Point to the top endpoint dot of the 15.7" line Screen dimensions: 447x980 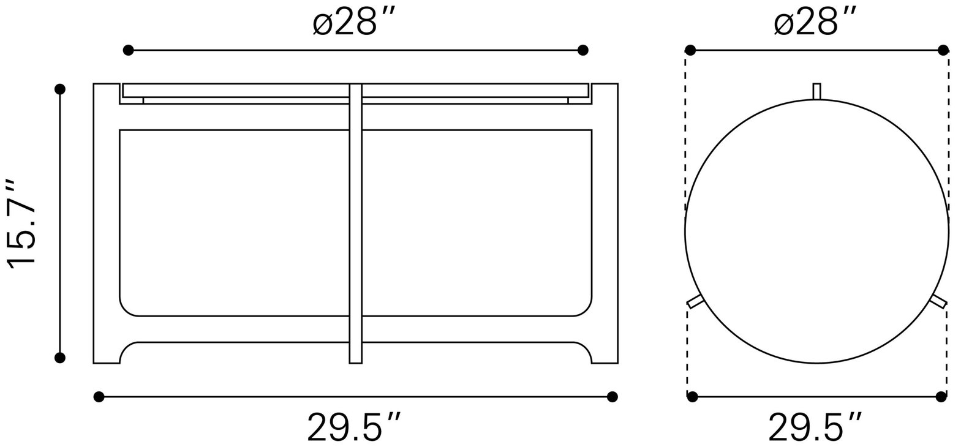coord(60,89)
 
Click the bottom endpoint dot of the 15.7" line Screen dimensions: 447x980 coord(60,358)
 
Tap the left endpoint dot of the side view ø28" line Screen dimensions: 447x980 coord(129,50)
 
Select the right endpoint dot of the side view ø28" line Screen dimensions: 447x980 coord(582,50)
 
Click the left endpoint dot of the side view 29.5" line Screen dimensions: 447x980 coord(99,397)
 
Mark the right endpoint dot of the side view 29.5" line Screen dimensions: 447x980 coord(612,397)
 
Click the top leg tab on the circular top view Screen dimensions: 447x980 coord(816,91)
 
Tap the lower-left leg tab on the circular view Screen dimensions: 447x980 coord(695,301)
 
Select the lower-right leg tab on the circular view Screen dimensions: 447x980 coord(938,301)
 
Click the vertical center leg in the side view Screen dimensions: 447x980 coord(355,223)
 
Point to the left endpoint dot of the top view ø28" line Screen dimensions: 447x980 coord(690,50)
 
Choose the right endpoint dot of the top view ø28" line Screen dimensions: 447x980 coord(943,50)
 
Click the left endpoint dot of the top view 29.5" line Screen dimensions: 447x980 coord(693,397)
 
